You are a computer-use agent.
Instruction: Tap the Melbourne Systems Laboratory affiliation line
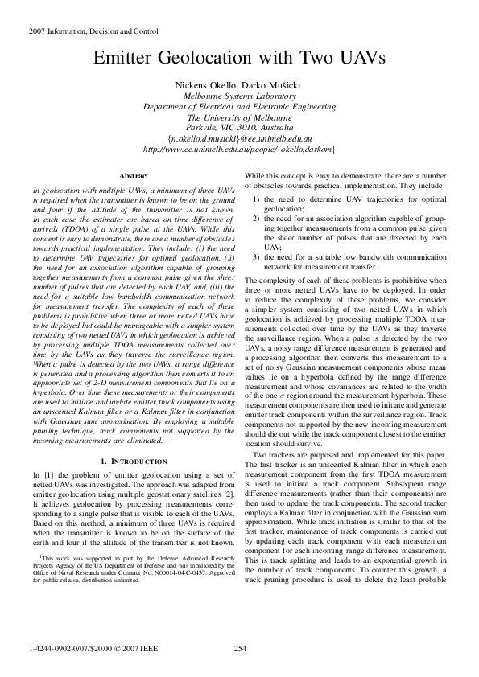point(239,95)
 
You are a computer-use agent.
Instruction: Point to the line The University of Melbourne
point(239,117)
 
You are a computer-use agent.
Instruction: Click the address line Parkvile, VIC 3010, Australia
point(239,127)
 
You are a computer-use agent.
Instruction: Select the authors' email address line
point(239,138)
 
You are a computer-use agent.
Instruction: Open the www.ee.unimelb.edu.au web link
point(239,149)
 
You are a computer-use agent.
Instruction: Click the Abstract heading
point(133,175)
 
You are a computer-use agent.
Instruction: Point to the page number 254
point(239,648)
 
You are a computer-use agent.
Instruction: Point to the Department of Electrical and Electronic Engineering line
point(239,106)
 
